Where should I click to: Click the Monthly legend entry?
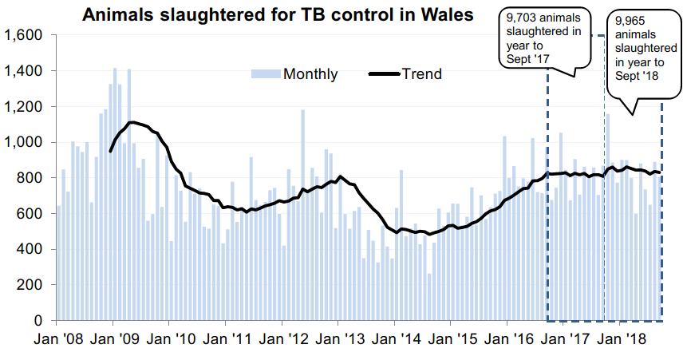294,74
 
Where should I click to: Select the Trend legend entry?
421,74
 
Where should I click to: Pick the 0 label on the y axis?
42,321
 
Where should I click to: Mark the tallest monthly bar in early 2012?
303,215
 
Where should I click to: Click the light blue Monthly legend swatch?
265,74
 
